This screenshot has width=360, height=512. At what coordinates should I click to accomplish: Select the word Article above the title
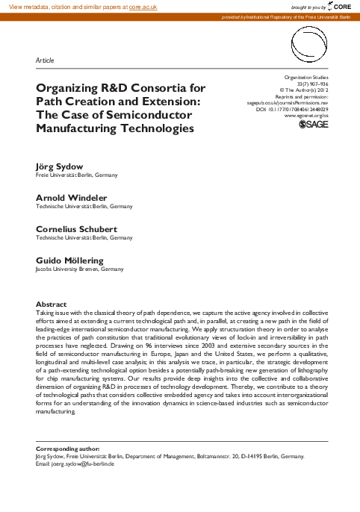click(x=45, y=59)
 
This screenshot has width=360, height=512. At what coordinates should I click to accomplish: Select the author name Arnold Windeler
click(x=70, y=197)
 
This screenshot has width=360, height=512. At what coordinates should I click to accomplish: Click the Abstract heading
click(x=52, y=304)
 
